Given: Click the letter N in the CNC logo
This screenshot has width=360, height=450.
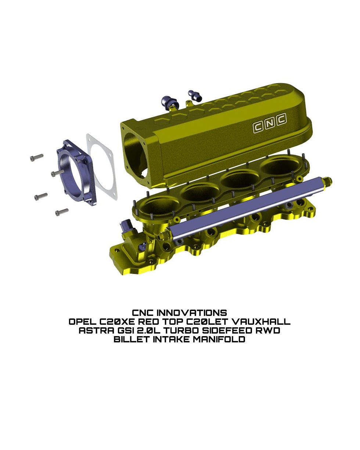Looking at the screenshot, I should pyautogui.click(x=270, y=124).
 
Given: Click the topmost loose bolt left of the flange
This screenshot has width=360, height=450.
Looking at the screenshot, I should pyautogui.click(x=36, y=157).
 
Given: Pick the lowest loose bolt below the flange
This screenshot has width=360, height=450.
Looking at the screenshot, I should pyautogui.click(x=62, y=212).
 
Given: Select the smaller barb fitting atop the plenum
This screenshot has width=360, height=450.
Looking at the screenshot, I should pyautogui.click(x=194, y=94).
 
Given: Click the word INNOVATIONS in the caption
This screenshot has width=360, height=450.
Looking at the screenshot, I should pyautogui.click(x=192, y=313).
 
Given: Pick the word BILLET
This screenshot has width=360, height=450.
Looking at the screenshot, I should pyautogui.click(x=132, y=339).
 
